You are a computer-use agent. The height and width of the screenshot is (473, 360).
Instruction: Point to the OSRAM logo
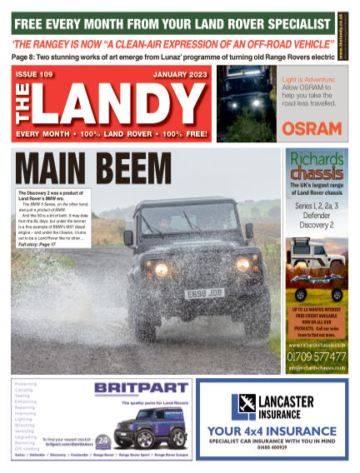[311, 128]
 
